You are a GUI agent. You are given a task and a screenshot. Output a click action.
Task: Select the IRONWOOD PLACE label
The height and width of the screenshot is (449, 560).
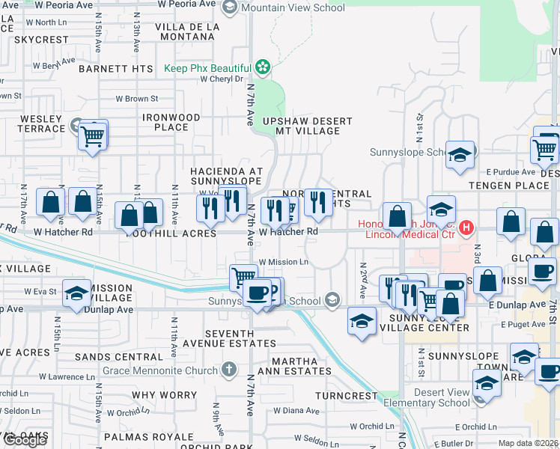[x=171, y=123]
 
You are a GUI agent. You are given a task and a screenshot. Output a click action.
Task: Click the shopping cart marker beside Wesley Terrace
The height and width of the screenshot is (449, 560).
[x=94, y=136]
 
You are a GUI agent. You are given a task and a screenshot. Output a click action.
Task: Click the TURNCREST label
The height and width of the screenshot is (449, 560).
[x=347, y=395]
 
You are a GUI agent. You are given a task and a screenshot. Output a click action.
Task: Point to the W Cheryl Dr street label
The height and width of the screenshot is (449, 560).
[x=217, y=79]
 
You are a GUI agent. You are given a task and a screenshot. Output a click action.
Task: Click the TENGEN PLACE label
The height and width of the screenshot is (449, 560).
[x=499, y=185]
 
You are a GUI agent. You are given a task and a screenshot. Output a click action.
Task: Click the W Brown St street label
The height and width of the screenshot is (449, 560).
[x=136, y=99]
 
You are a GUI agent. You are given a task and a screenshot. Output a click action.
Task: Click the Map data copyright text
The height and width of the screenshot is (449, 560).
[x=529, y=443]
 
